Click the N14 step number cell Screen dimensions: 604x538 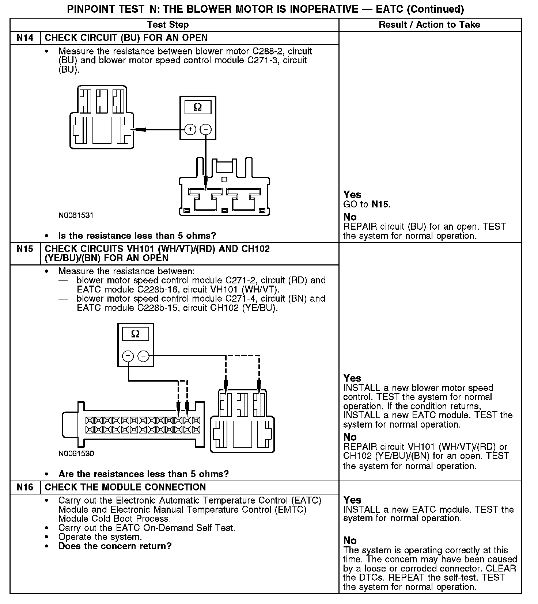click(25, 38)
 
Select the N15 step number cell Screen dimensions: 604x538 click(25, 249)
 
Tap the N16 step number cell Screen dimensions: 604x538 click(25, 487)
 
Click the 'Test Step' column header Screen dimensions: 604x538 click(168, 25)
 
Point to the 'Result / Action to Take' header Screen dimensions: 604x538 click(429, 25)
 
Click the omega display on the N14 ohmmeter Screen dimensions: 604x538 click(197, 107)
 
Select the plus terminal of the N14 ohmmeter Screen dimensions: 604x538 click(190, 129)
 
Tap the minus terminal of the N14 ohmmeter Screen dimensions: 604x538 click(206, 129)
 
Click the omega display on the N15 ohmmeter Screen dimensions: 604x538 click(135, 334)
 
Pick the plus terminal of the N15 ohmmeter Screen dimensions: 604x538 click(128, 356)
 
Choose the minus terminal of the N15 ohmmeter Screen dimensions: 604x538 click(144, 356)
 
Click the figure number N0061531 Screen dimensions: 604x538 click(76, 215)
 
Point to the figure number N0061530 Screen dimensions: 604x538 click(76, 454)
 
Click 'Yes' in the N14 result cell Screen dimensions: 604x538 click(352, 195)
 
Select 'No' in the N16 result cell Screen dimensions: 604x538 click(350, 540)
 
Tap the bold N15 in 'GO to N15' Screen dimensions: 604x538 click(380, 204)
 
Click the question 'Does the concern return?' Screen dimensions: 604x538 click(115, 546)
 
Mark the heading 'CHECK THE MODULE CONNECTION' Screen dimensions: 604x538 click(125, 487)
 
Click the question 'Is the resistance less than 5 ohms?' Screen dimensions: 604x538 click(137, 236)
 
